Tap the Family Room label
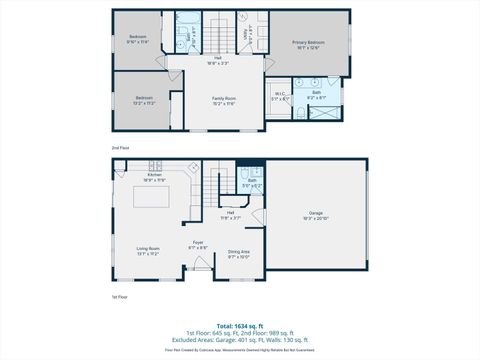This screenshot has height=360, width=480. [x=223, y=97]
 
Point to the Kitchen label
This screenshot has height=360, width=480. [x=154, y=176]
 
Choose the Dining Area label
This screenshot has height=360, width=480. [x=239, y=252]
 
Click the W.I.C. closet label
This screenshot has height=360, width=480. [x=280, y=95]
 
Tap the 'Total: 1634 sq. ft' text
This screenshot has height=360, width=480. [x=240, y=326]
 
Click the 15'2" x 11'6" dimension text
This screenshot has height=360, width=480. [x=223, y=103]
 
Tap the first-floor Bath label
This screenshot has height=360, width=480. [x=252, y=181]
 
